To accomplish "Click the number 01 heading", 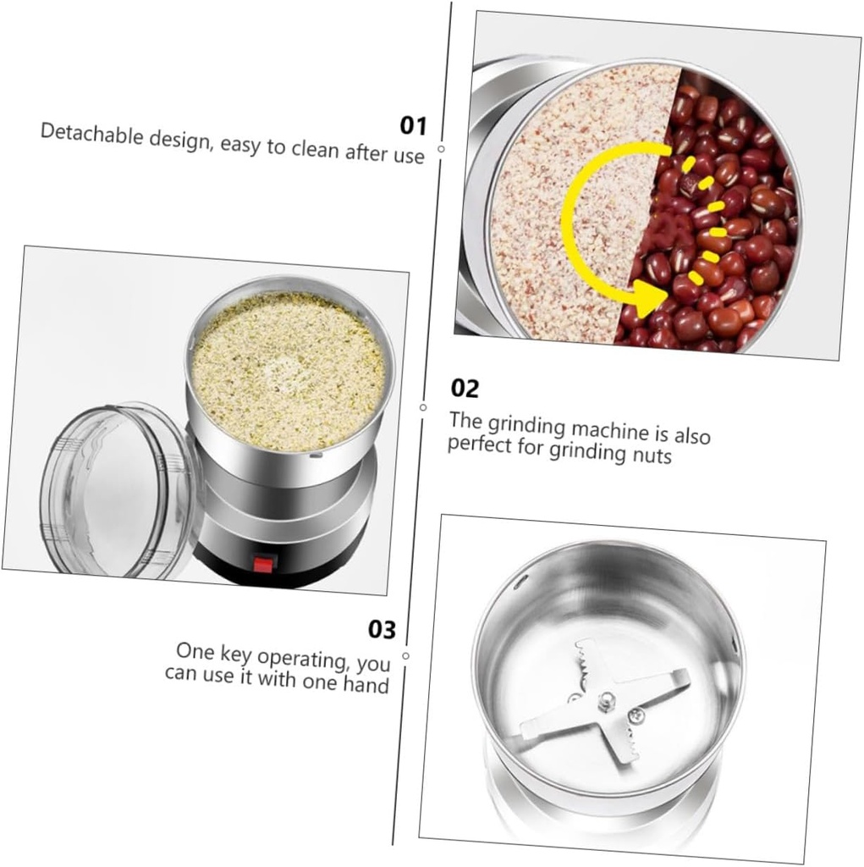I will pos(413,126).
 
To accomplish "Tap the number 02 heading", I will pos(465,389).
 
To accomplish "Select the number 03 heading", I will pos(382,630).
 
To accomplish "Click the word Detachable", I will pos(83,134).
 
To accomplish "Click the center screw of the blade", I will pos(607,700).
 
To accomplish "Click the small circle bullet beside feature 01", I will pos(441,148).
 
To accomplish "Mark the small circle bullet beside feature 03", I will pos(406,655).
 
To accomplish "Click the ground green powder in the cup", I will pos(288,368).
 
